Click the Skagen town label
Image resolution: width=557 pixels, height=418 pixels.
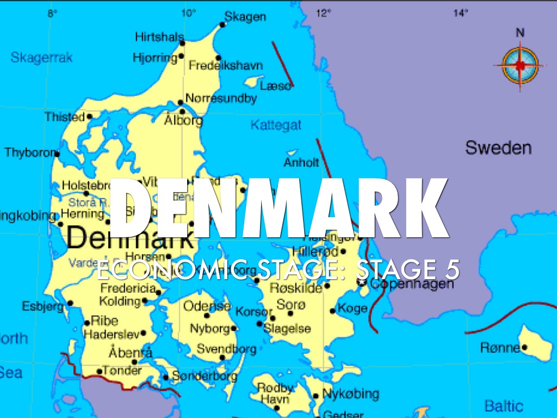click(x=245, y=17)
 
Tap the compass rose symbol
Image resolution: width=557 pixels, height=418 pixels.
click(x=520, y=65)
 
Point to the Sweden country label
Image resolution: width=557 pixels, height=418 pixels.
click(x=498, y=147)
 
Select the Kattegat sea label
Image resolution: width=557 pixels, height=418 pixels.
click(x=276, y=125)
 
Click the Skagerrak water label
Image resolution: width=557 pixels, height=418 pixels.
click(x=41, y=57)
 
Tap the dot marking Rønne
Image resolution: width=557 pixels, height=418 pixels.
click(x=524, y=347)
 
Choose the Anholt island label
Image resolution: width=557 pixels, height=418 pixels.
click(x=301, y=162)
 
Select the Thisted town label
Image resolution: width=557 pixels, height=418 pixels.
click(x=65, y=116)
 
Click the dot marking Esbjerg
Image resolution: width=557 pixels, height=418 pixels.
click(x=70, y=304)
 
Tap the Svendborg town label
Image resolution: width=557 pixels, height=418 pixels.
click(x=226, y=349)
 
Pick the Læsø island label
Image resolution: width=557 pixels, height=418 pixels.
click(x=276, y=86)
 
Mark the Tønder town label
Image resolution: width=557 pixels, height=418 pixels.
click(x=123, y=371)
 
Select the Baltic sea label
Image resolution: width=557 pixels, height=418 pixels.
click(x=504, y=405)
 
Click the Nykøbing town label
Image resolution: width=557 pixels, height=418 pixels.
click(x=351, y=394)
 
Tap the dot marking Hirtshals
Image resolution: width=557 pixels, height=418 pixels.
click(x=182, y=42)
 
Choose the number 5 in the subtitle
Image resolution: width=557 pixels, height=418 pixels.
click(x=451, y=269)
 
